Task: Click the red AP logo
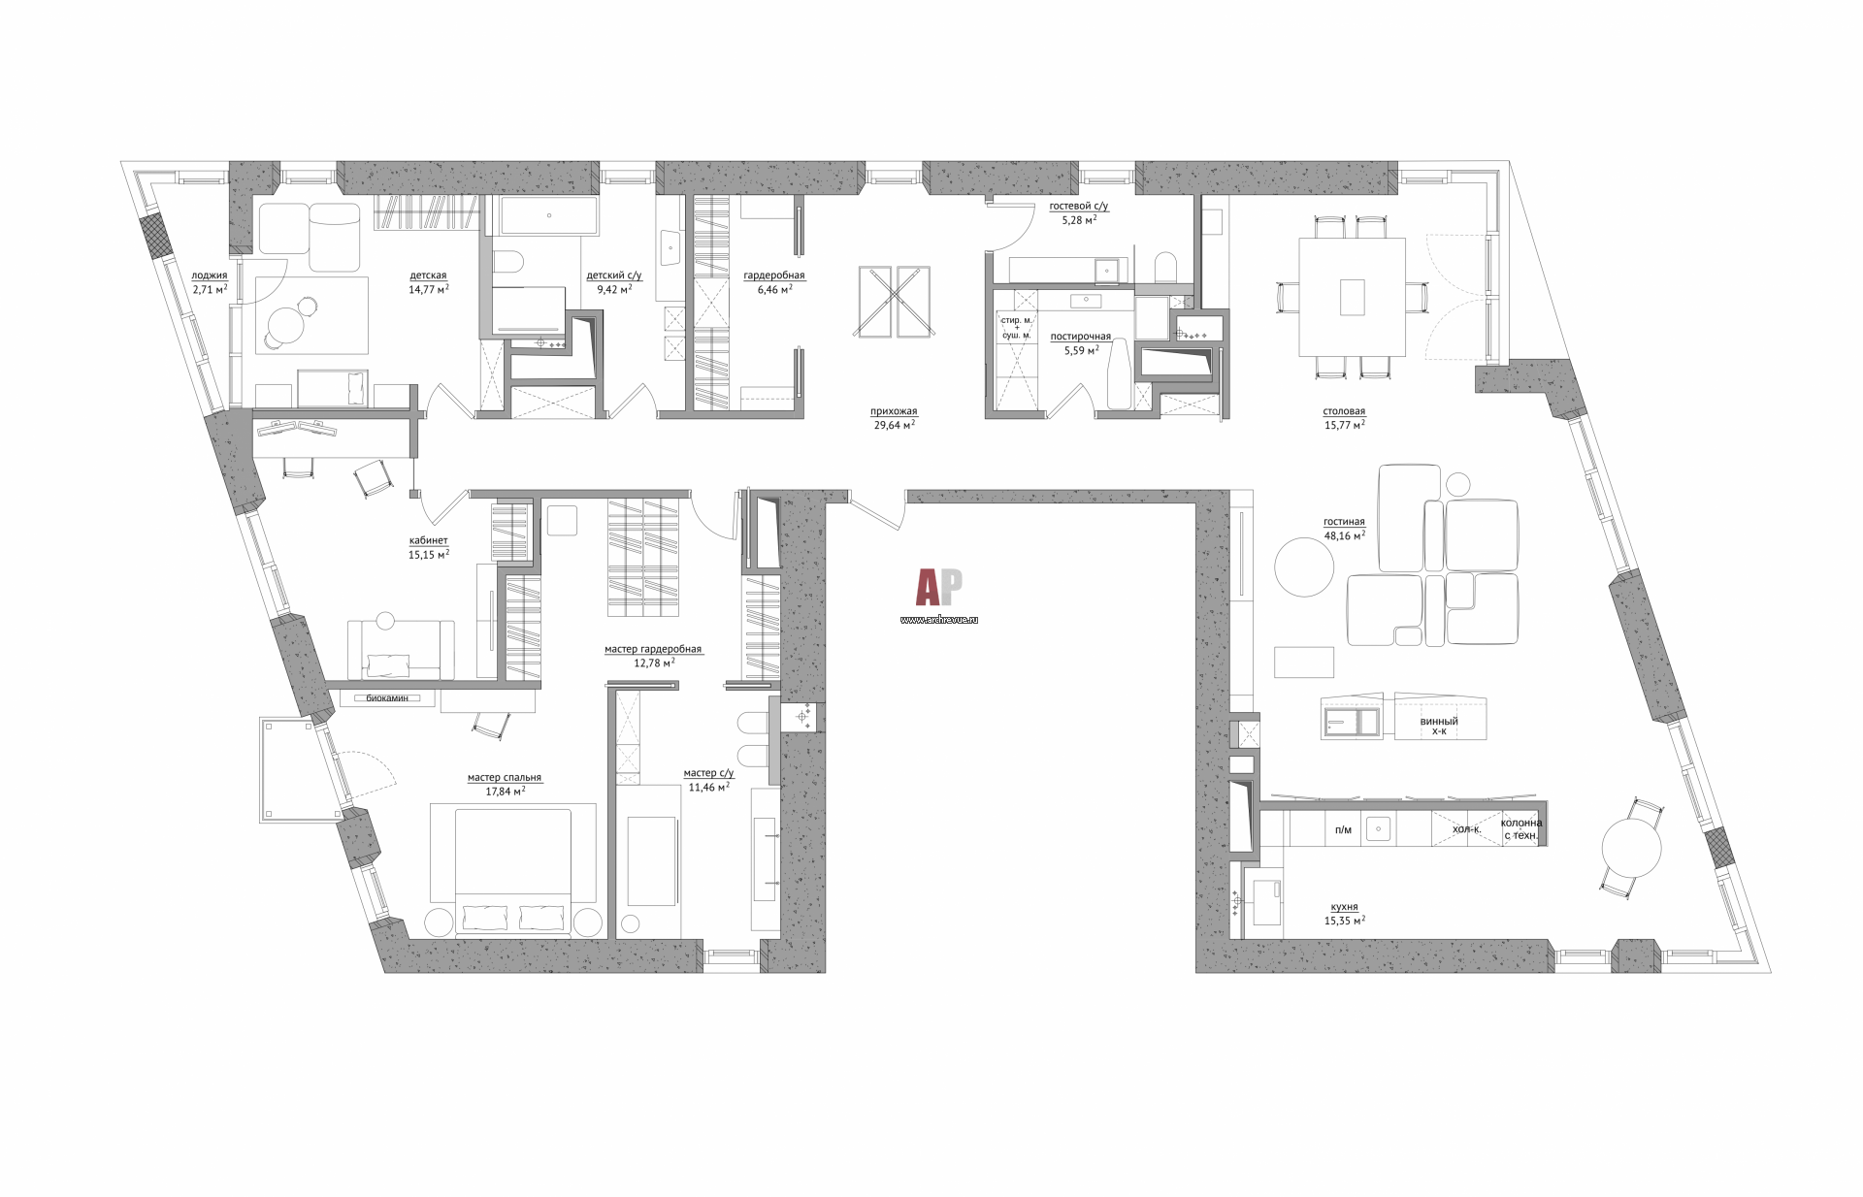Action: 939,588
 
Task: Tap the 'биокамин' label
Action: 387,697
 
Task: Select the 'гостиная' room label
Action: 1344,522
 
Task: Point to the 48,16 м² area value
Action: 1345,534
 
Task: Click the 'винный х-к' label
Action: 1439,727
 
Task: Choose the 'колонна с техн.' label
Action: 1521,829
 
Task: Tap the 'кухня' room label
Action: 1345,907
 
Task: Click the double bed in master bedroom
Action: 513,870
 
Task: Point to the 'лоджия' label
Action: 210,275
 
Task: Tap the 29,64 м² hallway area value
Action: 894,424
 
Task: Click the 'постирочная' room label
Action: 1080,337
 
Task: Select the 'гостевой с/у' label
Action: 1079,207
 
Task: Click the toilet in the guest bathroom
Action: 1165,267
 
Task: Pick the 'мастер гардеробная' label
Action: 653,650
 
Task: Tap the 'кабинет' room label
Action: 429,541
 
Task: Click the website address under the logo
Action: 939,619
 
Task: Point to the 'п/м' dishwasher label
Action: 1343,829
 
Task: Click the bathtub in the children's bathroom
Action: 549,214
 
